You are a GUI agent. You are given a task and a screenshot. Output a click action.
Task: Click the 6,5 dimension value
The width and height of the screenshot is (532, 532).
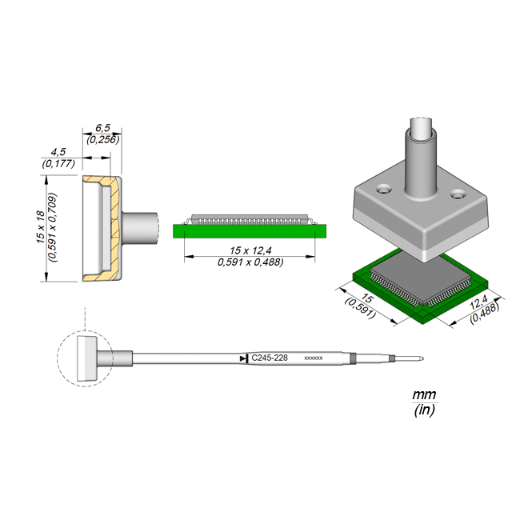click(x=102, y=128)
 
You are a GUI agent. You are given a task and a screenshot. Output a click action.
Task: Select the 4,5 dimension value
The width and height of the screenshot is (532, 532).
click(x=58, y=151)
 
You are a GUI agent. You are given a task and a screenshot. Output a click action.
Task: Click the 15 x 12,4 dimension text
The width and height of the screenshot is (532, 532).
click(x=250, y=250)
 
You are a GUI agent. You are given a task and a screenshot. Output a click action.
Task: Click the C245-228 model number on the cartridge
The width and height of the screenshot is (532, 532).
click(x=270, y=358)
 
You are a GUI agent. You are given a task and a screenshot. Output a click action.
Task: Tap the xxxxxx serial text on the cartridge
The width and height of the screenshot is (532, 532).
click(x=314, y=358)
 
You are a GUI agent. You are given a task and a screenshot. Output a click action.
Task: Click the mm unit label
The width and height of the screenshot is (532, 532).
click(x=422, y=396)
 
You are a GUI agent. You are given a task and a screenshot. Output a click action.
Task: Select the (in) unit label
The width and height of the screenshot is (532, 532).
click(x=423, y=410)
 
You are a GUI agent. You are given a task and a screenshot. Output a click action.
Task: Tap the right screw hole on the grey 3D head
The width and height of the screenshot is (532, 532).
click(x=458, y=194)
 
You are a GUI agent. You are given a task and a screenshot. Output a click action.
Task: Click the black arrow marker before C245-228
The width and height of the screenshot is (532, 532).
click(x=243, y=358)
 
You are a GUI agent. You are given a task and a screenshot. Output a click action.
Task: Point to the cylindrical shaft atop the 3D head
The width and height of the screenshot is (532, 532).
click(x=420, y=160)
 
